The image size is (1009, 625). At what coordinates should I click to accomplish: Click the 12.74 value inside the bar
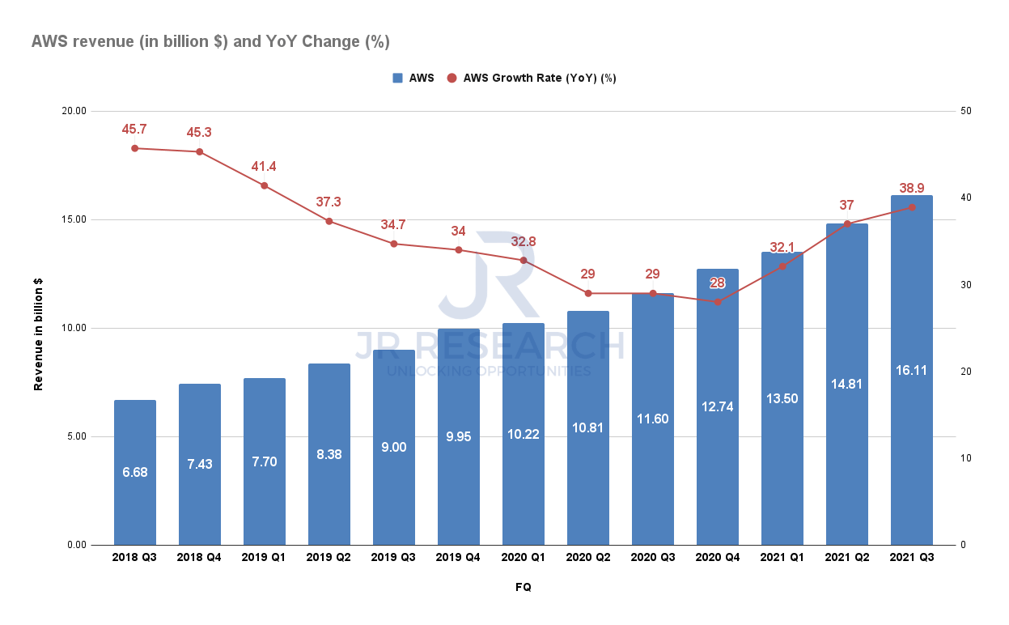click(x=717, y=406)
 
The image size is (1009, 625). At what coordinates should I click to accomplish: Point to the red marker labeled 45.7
click(x=134, y=148)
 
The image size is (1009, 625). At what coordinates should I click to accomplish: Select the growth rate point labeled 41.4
click(x=264, y=185)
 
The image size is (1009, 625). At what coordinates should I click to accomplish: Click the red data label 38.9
click(x=911, y=187)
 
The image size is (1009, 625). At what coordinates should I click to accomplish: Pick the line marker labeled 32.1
click(x=782, y=266)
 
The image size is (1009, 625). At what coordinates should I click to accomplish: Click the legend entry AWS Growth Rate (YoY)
click(x=540, y=79)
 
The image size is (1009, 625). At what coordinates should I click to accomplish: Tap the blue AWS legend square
click(x=397, y=79)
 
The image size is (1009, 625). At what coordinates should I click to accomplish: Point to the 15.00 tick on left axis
click(x=74, y=219)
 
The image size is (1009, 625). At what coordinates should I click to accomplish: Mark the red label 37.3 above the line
click(x=329, y=201)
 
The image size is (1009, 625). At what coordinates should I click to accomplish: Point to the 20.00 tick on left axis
click(x=74, y=111)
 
